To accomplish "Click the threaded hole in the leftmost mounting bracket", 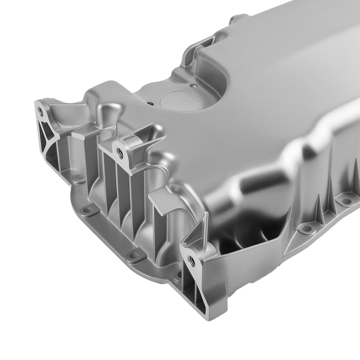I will pos(41,112).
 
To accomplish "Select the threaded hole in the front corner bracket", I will pos(192,261).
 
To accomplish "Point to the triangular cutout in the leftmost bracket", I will pos(46,129).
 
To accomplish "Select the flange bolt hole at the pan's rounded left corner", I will pos(87,210).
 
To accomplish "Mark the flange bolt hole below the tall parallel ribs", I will pos(134,255).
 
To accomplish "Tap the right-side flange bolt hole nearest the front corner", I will pos(306,228).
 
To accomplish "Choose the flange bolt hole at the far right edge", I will pos(346,201).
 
